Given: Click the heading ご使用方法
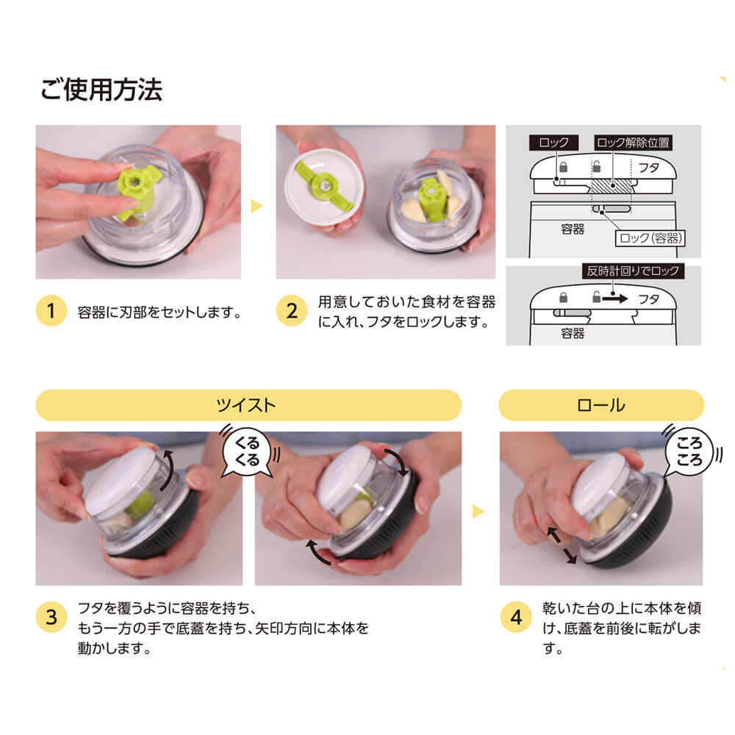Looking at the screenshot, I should (x=101, y=90).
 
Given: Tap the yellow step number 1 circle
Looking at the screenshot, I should (x=51, y=312).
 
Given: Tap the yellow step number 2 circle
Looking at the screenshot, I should (x=292, y=312).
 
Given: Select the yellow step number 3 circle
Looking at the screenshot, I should (x=51, y=617).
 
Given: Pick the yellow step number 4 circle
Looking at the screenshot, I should (x=515, y=617).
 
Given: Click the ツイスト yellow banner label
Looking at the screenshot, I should (x=248, y=405).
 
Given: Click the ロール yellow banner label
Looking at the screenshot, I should (x=601, y=405).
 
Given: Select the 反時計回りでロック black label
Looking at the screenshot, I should (x=632, y=271).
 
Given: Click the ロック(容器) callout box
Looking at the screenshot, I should (x=650, y=237).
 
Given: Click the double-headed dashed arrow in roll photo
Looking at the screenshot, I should (x=561, y=545).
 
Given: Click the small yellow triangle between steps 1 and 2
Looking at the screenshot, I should (x=257, y=207).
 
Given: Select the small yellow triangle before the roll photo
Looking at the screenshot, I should (x=479, y=509).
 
